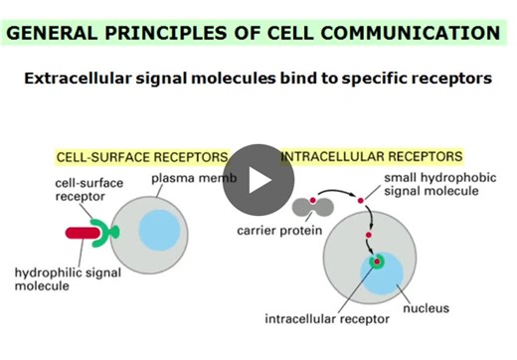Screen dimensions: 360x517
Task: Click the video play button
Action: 258,180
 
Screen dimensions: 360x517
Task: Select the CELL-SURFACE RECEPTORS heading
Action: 141,157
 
